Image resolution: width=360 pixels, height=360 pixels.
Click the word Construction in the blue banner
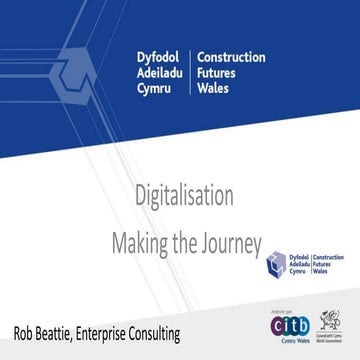(x=231, y=57)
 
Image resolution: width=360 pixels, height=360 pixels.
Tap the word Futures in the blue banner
(x=219, y=74)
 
